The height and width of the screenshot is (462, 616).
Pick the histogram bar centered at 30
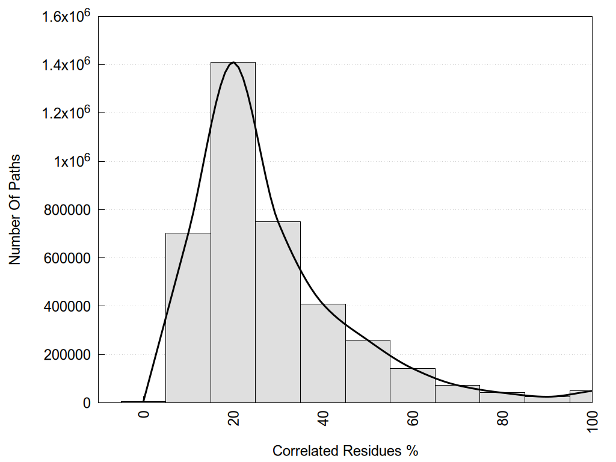278,312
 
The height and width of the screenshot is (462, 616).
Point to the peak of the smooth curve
233,62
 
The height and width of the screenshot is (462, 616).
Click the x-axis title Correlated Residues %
345,451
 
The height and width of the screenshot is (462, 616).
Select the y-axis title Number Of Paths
16,209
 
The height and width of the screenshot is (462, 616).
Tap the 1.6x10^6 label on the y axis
66,17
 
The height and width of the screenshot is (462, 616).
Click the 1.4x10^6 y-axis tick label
66,65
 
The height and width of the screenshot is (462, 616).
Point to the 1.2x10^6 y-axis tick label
66,113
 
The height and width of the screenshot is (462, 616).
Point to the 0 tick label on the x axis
144,414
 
